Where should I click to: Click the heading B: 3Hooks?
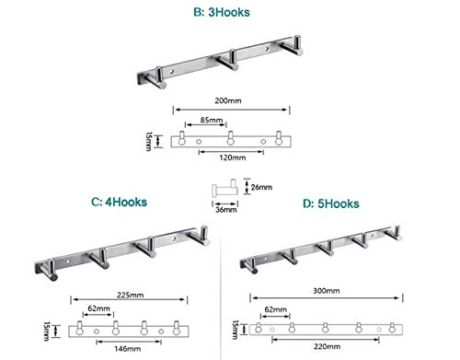pyautogui.click(x=222, y=12)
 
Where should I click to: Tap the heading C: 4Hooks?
pyautogui.click(x=119, y=202)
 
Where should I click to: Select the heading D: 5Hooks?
pyautogui.click(x=331, y=203)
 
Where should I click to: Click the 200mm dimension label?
pyautogui.click(x=228, y=100)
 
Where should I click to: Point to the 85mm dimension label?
pyautogui.click(x=212, y=120)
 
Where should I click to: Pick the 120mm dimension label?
pyautogui.click(x=233, y=157)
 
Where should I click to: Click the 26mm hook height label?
pyautogui.click(x=261, y=187)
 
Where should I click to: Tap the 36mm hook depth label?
pyautogui.click(x=226, y=210)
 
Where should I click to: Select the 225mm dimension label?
pyautogui.click(x=131, y=295)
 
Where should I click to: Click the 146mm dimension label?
pyautogui.click(x=128, y=349)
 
